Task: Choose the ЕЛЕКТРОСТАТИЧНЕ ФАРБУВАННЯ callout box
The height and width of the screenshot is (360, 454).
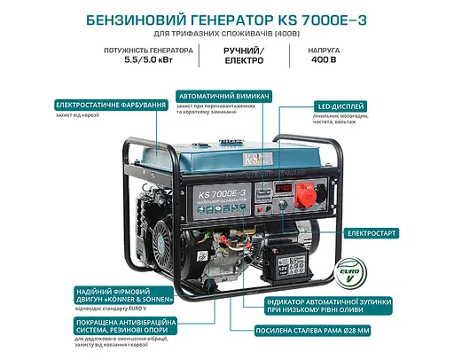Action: click(x=111, y=105)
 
